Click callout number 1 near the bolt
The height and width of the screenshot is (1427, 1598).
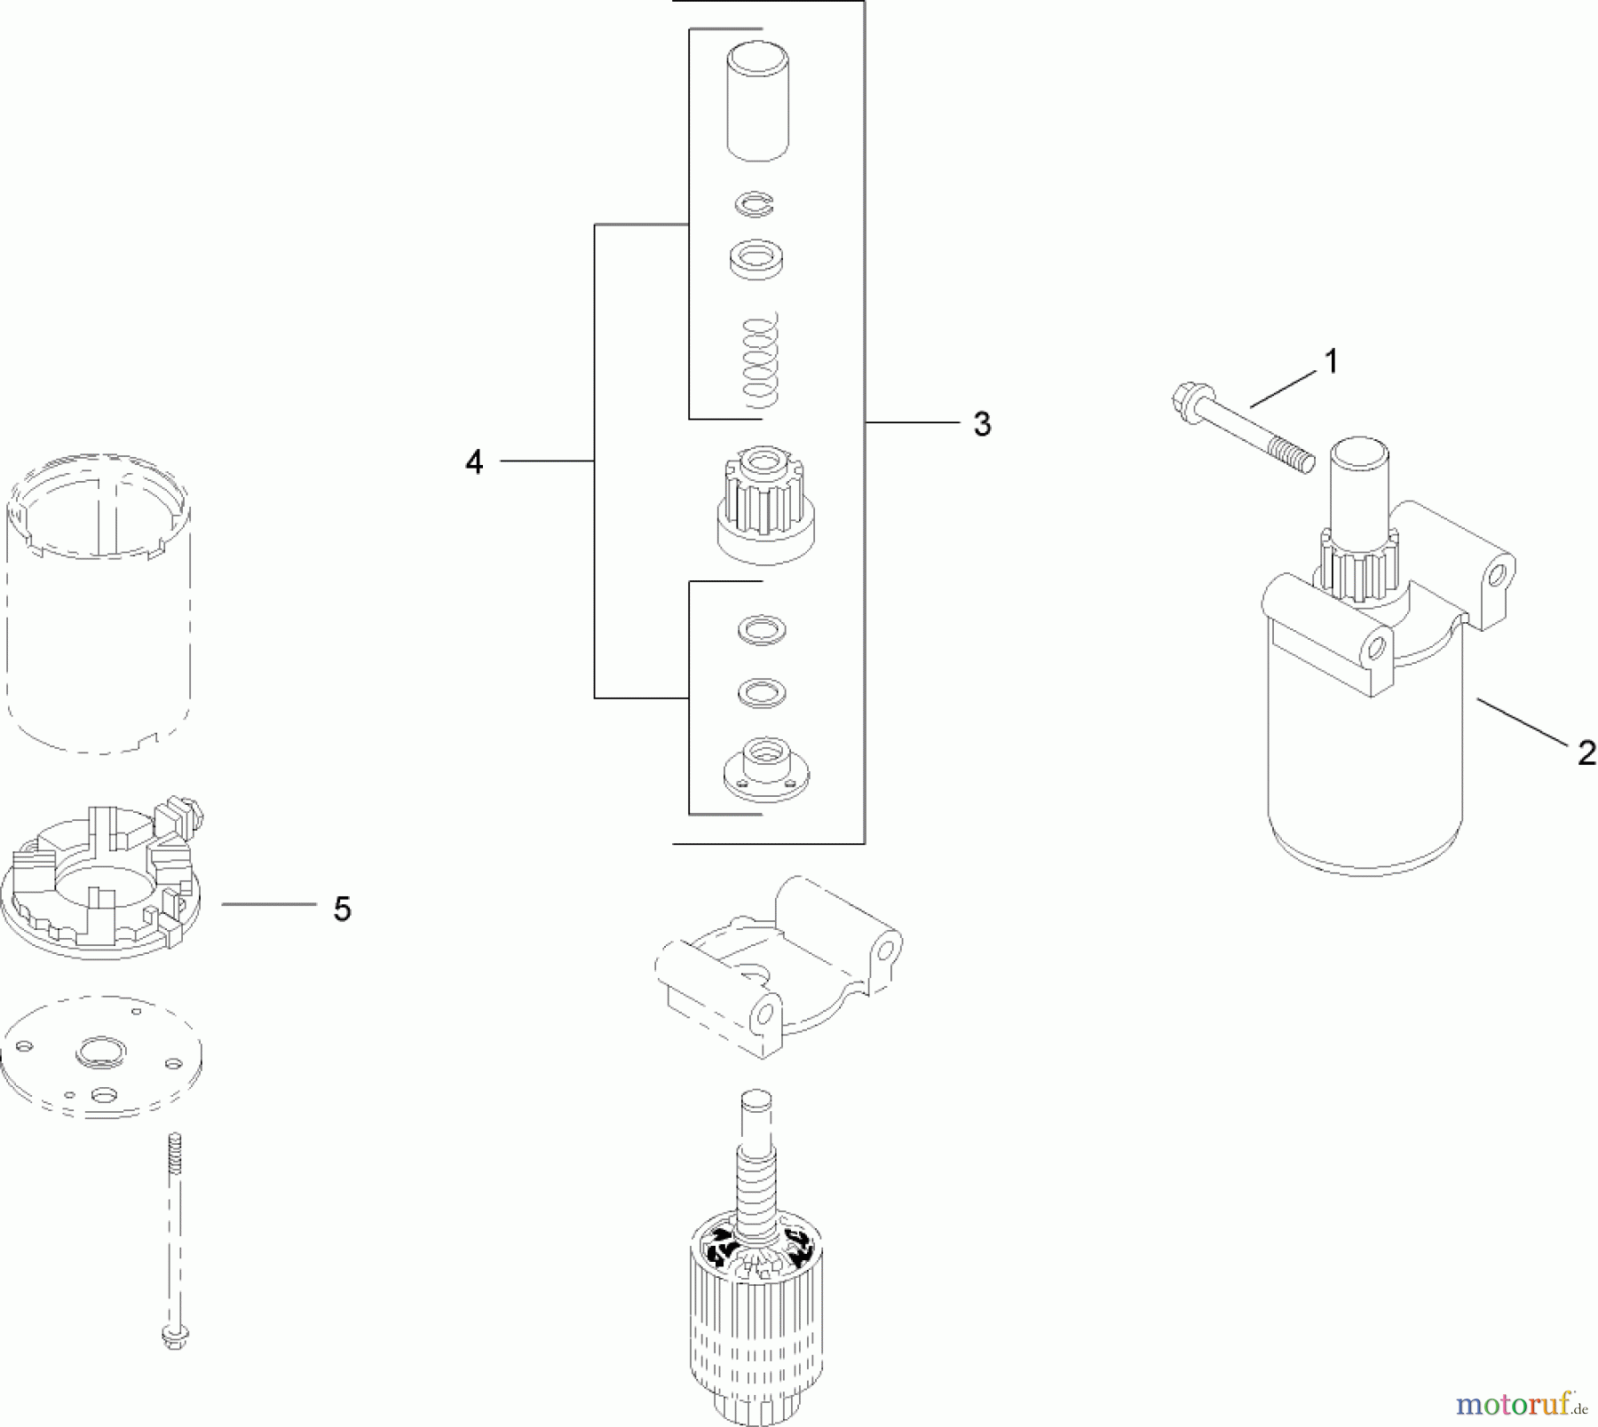1330,363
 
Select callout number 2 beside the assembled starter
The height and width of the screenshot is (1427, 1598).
1586,753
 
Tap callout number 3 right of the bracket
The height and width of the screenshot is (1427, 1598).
981,425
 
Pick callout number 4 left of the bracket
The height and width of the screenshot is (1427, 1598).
474,462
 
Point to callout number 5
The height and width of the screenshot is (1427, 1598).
342,909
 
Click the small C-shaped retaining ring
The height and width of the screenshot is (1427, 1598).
755,205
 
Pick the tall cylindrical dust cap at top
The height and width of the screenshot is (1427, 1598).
758,103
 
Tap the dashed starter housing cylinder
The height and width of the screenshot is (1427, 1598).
99,603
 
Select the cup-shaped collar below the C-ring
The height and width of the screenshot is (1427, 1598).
755,262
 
